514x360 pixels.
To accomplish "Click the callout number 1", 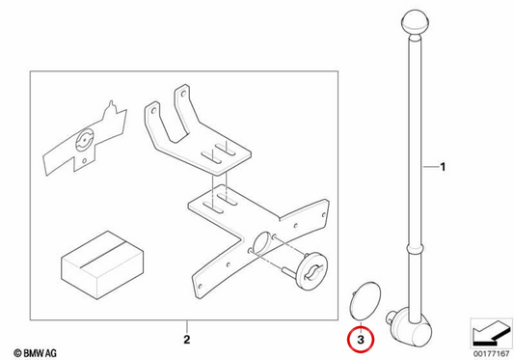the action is pos(443,167).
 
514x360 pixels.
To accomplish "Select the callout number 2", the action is pos(186,340).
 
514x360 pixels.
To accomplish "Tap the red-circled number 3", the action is pos(361,340).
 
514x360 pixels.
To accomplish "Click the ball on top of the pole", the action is pos(416,22).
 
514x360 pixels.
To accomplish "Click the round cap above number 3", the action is pos(365,300).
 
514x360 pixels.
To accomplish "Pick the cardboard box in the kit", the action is pos(102,264).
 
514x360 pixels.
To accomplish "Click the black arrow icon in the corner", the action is pos(491,334).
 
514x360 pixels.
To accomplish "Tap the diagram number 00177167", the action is pos(491,354).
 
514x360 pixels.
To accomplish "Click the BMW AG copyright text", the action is pos(35,353).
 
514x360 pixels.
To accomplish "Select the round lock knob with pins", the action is pos(312,271).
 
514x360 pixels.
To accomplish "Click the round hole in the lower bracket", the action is pos(262,243).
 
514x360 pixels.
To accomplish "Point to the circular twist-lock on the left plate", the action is pos(85,141).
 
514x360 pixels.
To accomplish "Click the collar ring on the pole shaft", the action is pos(416,248).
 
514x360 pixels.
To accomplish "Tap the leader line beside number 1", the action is pos(430,167).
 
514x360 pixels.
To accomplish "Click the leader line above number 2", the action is pos(186,326).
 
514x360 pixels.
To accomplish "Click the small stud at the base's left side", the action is pos(390,317).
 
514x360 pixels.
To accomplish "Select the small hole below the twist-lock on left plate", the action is pos(84,161).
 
